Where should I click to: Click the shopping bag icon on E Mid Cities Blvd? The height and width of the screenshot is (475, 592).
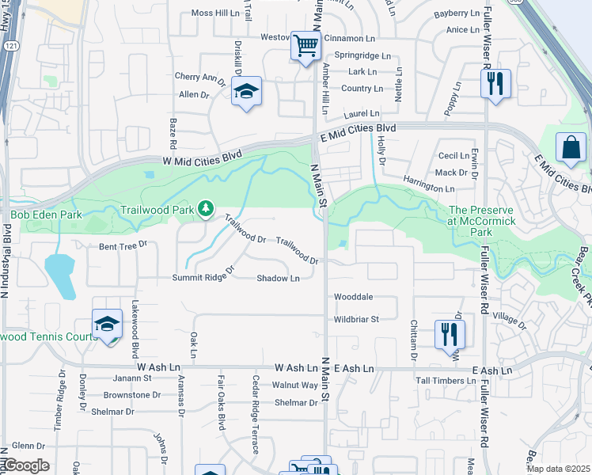(x=571, y=148)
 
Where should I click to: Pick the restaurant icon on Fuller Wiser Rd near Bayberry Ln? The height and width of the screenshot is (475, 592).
(x=495, y=83)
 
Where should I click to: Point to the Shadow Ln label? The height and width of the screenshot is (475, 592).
(x=278, y=278)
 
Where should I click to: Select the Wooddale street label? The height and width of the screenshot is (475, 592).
(x=353, y=298)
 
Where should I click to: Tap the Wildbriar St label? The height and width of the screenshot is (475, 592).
(x=357, y=319)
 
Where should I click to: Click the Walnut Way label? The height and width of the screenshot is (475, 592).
(x=294, y=386)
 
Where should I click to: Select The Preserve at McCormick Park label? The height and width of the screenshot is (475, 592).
(x=481, y=215)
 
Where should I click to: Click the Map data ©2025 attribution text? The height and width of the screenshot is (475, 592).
(x=559, y=469)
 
